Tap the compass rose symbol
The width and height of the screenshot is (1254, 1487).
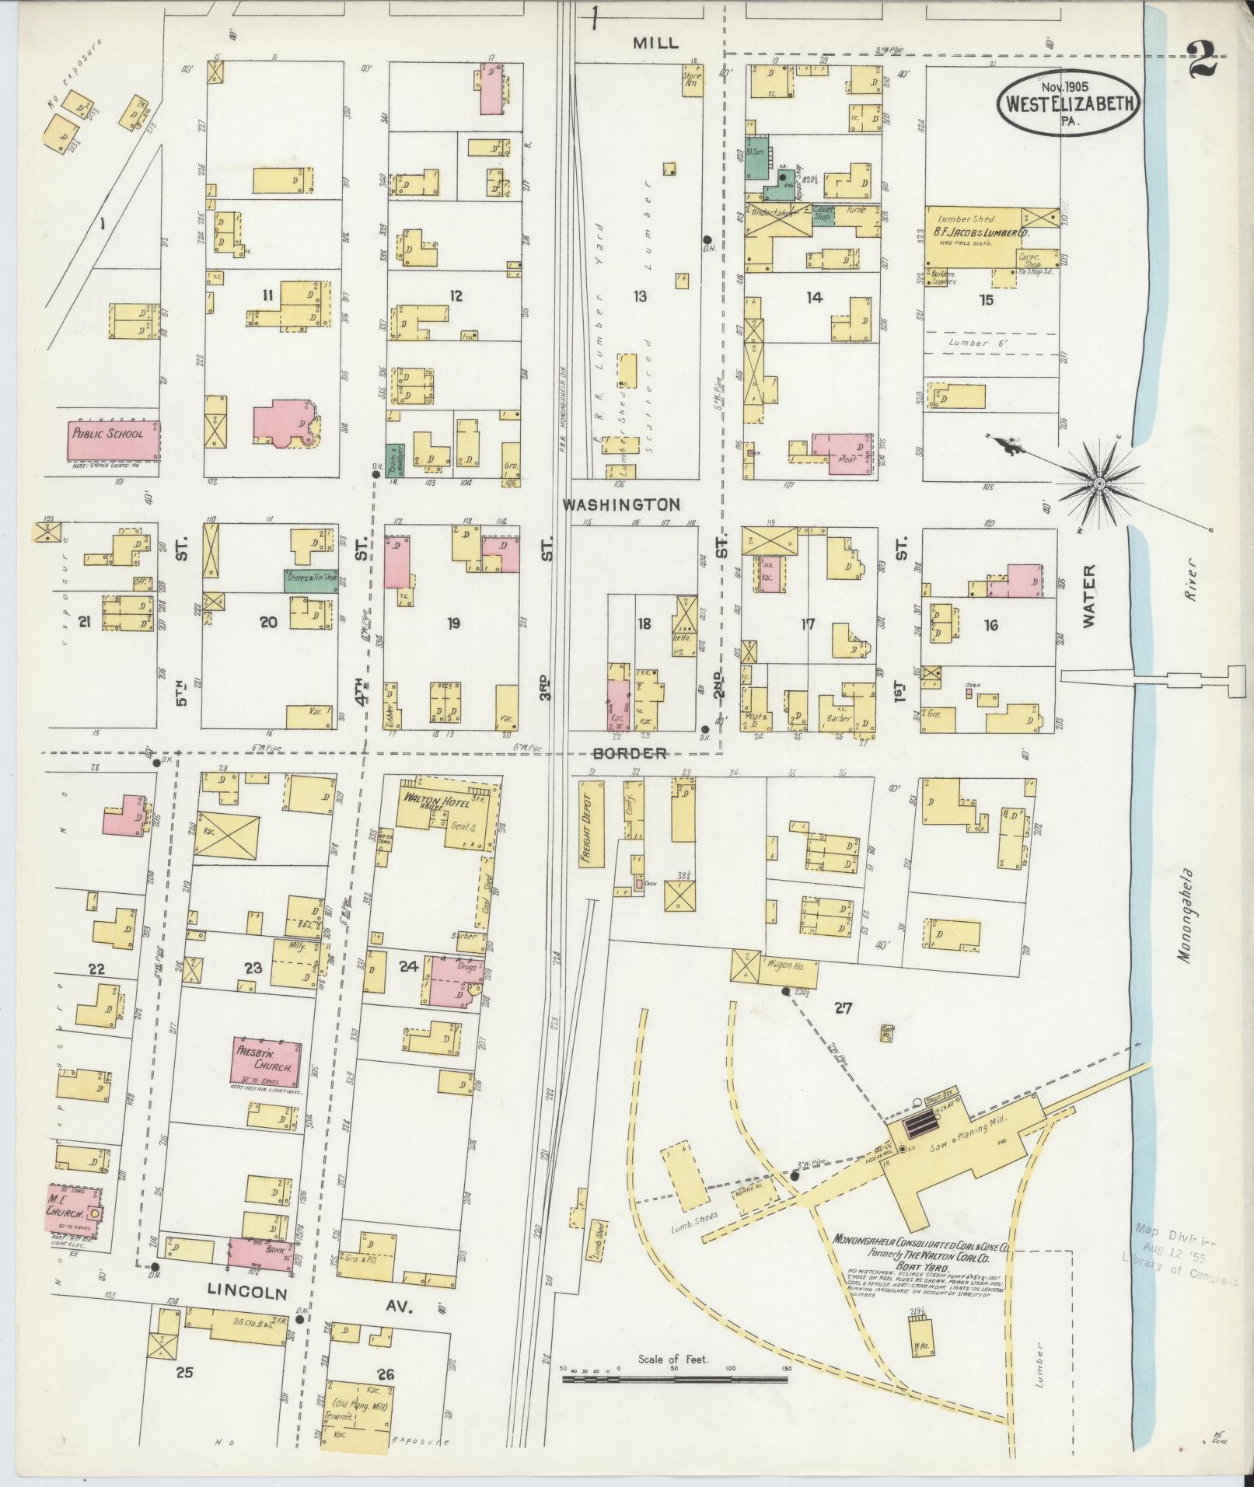(x=1099, y=484)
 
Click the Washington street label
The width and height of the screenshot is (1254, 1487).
(x=621, y=504)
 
